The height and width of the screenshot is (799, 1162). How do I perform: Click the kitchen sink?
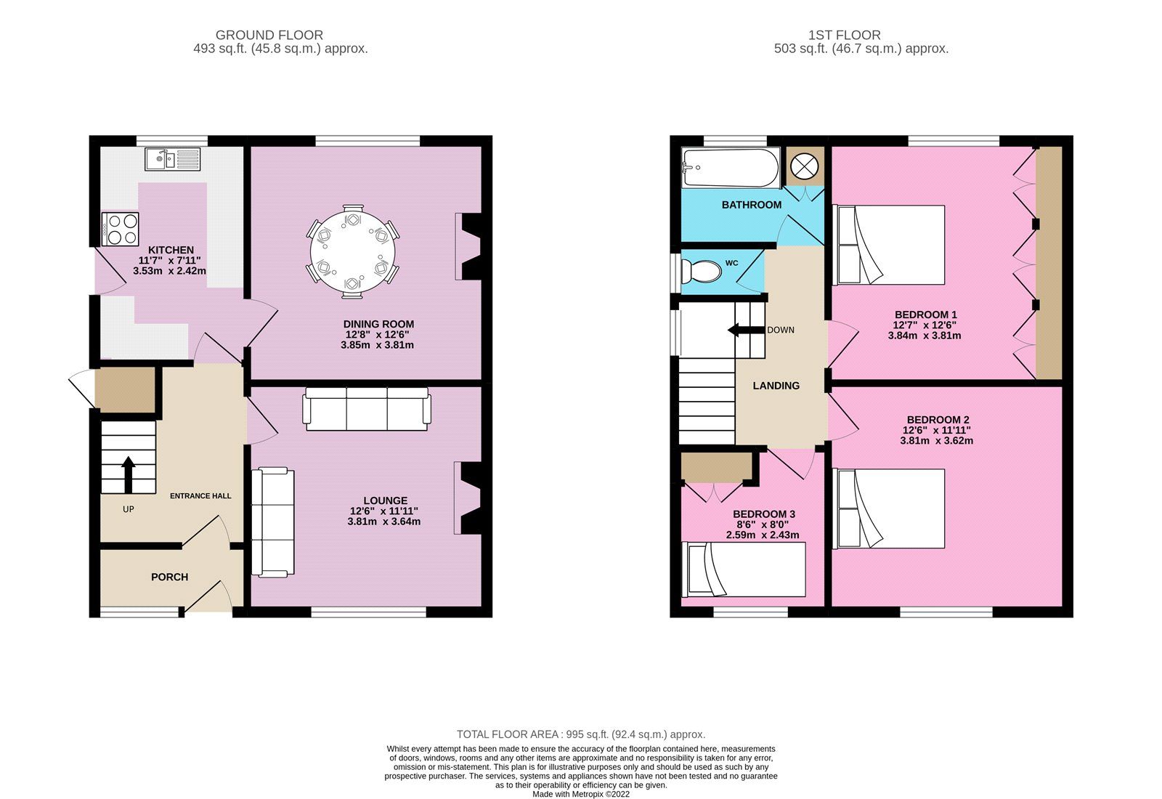pyautogui.click(x=172, y=158)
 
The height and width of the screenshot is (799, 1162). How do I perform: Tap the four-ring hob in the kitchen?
pyautogui.click(x=121, y=229)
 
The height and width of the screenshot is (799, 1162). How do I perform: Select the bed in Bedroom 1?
pyautogui.click(x=891, y=245)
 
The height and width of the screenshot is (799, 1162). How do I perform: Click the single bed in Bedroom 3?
pyautogui.click(x=744, y=569)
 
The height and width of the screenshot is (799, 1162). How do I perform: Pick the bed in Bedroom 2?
pyautogui.click(x=891, y=508)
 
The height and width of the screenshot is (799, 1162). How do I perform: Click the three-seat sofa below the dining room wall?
pyautogui.click(x=367, y=409)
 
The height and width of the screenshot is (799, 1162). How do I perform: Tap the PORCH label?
pyautogui.click(x=169, y=577)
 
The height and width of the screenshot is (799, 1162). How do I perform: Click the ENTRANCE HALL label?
pyautogui.click(x=200, y=496)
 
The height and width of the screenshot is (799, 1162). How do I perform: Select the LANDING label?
pyautogui.click(x=776, y=386)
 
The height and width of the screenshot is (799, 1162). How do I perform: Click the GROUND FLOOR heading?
pyautogui.click(x=269, y=35)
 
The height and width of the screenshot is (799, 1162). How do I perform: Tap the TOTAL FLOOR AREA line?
pyautogui.click(x=580, y=734)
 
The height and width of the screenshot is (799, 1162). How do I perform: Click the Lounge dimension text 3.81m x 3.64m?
pyautogui.click(x=384, y=522)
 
